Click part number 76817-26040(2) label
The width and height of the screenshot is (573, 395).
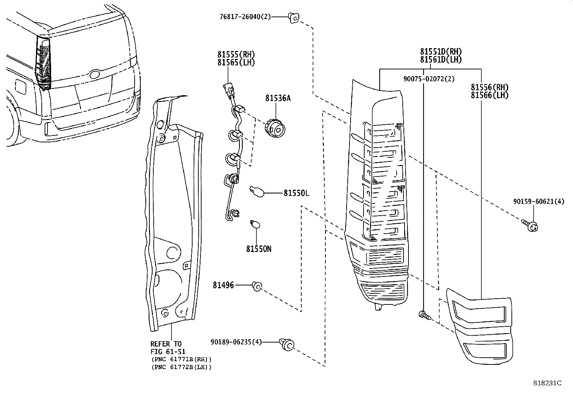click(245, 17)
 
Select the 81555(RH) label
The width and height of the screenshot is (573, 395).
click(236, 54)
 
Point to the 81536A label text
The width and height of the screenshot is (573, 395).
click(278, 98)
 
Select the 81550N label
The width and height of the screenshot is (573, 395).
click(259, 249)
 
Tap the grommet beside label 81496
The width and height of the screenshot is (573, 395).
click(257, 286)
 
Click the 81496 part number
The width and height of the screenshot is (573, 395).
click(223, 285)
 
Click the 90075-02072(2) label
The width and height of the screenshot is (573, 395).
click(428, 79)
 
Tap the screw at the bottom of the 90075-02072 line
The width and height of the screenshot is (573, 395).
click(424, 315)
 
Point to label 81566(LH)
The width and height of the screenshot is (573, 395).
click(489, 95)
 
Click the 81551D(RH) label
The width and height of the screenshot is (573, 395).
click(441, 52)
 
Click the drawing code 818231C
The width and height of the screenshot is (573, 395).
click(547, 383)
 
